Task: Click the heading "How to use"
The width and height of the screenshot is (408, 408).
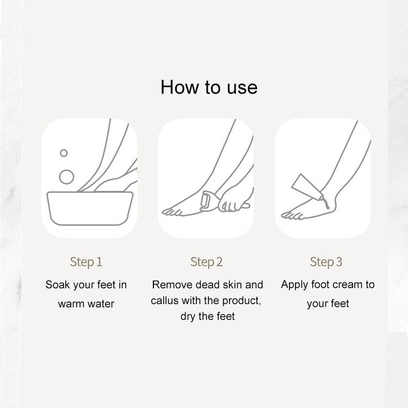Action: [x=209, y=87]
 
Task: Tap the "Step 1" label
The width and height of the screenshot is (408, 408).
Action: [x=86, y=262]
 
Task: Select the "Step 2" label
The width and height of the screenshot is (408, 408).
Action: [x=207, y=262]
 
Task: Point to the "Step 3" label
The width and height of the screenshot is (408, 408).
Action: [x=326, y=262]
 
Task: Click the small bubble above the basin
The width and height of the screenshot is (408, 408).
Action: [x=64, y=153]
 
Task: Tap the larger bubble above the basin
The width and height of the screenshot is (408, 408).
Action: [x=66, y=177]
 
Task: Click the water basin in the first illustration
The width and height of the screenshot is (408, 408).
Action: [x=90, y=208]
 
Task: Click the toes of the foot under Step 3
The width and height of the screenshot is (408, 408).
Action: [x=292, y=215]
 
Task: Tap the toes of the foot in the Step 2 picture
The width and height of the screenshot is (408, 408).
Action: [x=172, y=212]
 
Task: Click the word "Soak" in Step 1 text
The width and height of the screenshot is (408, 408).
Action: [x=58, y=285]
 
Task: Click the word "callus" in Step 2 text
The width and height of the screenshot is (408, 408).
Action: [x=165, y=300]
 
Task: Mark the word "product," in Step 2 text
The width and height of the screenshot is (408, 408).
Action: [x=242, y=301]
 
